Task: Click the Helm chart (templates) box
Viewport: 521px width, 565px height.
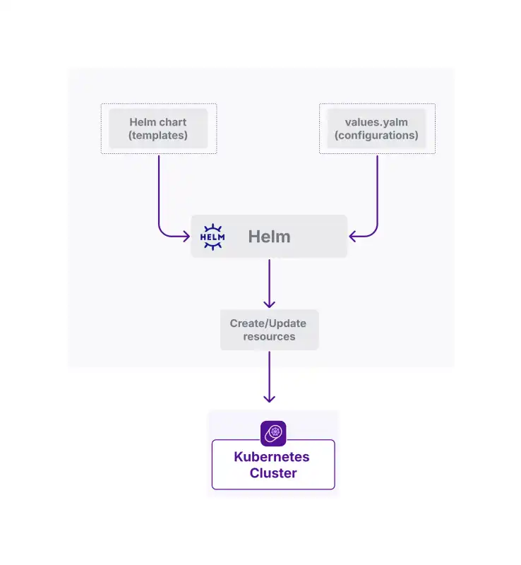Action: tap(159, 129)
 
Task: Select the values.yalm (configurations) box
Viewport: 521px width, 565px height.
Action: tap(376, 129)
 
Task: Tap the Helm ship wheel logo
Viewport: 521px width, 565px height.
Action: tap(212, 237)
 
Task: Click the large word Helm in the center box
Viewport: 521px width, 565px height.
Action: tap(269, 237)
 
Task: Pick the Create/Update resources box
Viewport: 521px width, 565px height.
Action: tap(269, 330)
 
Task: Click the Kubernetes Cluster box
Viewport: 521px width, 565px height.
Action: tap(273, 465)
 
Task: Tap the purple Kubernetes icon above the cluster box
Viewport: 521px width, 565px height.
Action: tap(273, 433)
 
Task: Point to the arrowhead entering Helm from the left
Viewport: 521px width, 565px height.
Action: tap(186, 237)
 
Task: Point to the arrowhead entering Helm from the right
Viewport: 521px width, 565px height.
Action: tap(352, 237)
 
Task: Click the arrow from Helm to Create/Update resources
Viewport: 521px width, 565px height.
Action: tap(269, 283)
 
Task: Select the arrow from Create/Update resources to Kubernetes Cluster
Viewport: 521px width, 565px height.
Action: tap(269, 377)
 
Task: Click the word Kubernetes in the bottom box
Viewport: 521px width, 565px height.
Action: tap(272, 457)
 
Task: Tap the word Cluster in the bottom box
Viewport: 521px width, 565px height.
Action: tap(273, 473)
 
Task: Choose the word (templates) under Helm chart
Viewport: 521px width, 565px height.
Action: tap(158, 136)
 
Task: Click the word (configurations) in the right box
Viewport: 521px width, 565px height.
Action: tap(376, 136)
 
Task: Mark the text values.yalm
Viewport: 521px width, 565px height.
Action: tap(376, 122)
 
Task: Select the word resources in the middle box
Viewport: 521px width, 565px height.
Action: tap(269, 337)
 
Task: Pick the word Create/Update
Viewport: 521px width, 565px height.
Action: tap(268, 323)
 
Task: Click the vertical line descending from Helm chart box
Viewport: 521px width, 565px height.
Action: tap(159, 190)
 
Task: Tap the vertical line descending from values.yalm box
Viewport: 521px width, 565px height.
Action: tap(377, 190)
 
